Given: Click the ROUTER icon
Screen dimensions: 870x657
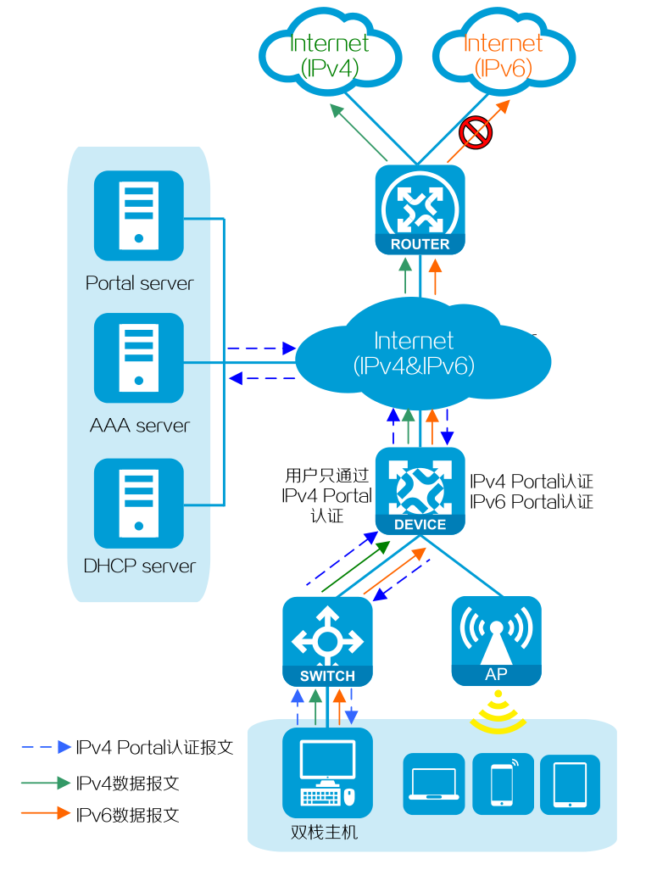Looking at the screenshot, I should (x=420, y=209).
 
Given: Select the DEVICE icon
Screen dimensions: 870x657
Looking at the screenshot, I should (x=420, y=491).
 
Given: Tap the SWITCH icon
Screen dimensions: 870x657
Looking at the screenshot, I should (x=327, y=641).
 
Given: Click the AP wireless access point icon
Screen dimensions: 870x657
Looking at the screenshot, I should (x=496, y=641).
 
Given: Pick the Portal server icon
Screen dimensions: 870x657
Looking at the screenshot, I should (x=139, y=215).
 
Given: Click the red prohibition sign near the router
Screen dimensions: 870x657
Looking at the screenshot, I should (x=476, y=132).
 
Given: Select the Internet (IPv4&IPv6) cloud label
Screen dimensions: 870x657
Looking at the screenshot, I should (x=414, y=354).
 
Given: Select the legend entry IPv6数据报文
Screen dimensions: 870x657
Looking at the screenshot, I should (x=127, y=815).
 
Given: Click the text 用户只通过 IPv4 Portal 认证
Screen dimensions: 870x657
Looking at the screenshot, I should (x=327, y=494).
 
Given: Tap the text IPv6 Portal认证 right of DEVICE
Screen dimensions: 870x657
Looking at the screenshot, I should (x=532, y=501).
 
